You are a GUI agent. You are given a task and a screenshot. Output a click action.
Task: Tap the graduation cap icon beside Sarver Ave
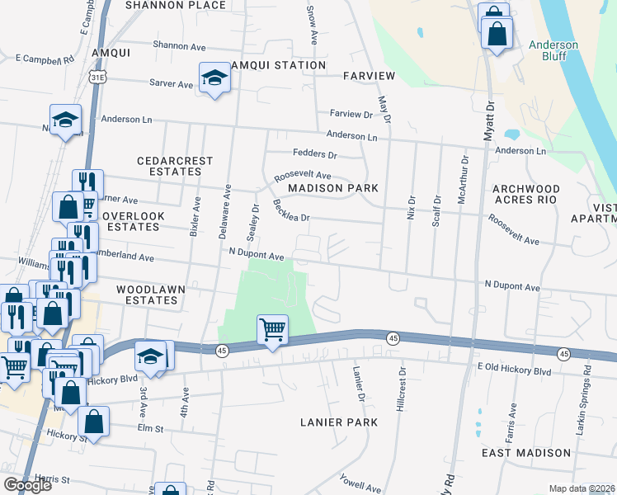coord(214,78)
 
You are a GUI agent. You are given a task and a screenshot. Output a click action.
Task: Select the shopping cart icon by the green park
coord(272,329)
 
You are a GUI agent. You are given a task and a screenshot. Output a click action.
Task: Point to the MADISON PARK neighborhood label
coord(333,188)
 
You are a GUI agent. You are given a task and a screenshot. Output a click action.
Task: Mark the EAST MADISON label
coord(526,453)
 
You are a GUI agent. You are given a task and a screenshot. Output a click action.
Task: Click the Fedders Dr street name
coord(315,154)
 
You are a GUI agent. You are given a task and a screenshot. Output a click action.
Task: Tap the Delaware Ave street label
coord(225,212)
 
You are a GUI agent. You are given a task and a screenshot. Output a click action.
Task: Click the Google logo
coord(27,485)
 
